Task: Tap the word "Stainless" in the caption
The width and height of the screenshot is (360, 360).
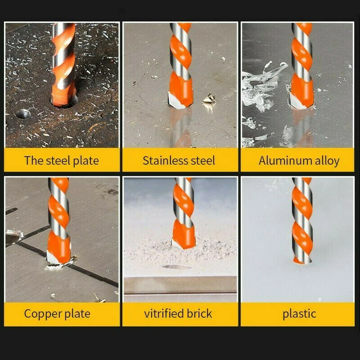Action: point(162,161)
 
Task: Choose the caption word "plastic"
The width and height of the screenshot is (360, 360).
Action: point(299,314)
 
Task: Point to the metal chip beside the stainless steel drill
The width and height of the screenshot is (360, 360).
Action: point(209,99)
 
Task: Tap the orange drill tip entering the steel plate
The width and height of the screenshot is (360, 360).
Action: point(63,97)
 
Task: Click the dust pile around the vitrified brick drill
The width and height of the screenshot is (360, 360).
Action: point(202,245)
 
